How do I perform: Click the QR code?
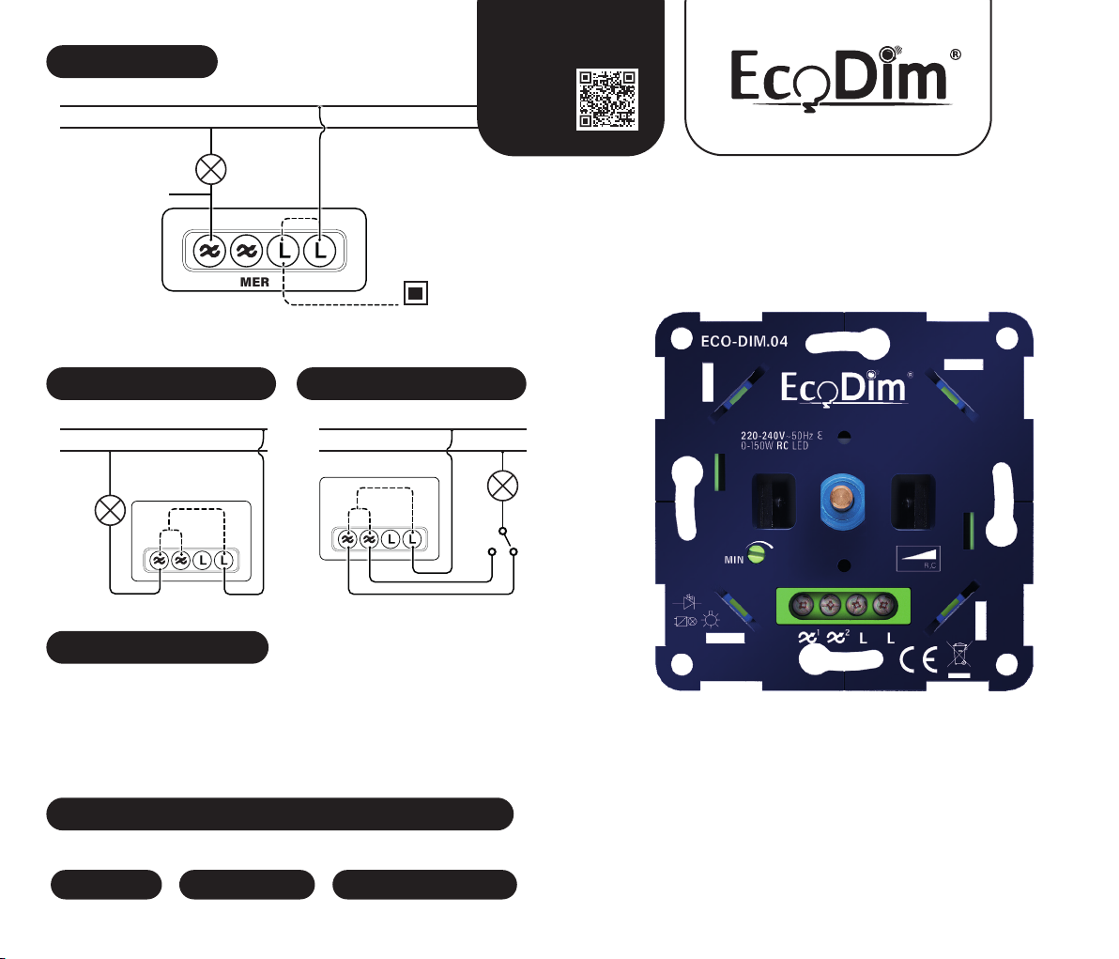click(x=606, y=99)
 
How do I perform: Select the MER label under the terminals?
click(x=254, y=282)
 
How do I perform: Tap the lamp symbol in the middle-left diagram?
click(x=112, y=510)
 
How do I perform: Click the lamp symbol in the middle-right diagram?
click(x=505, y=486)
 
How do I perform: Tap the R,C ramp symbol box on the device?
click(x=918, y=558)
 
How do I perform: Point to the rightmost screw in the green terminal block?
click(x=881, y=606)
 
